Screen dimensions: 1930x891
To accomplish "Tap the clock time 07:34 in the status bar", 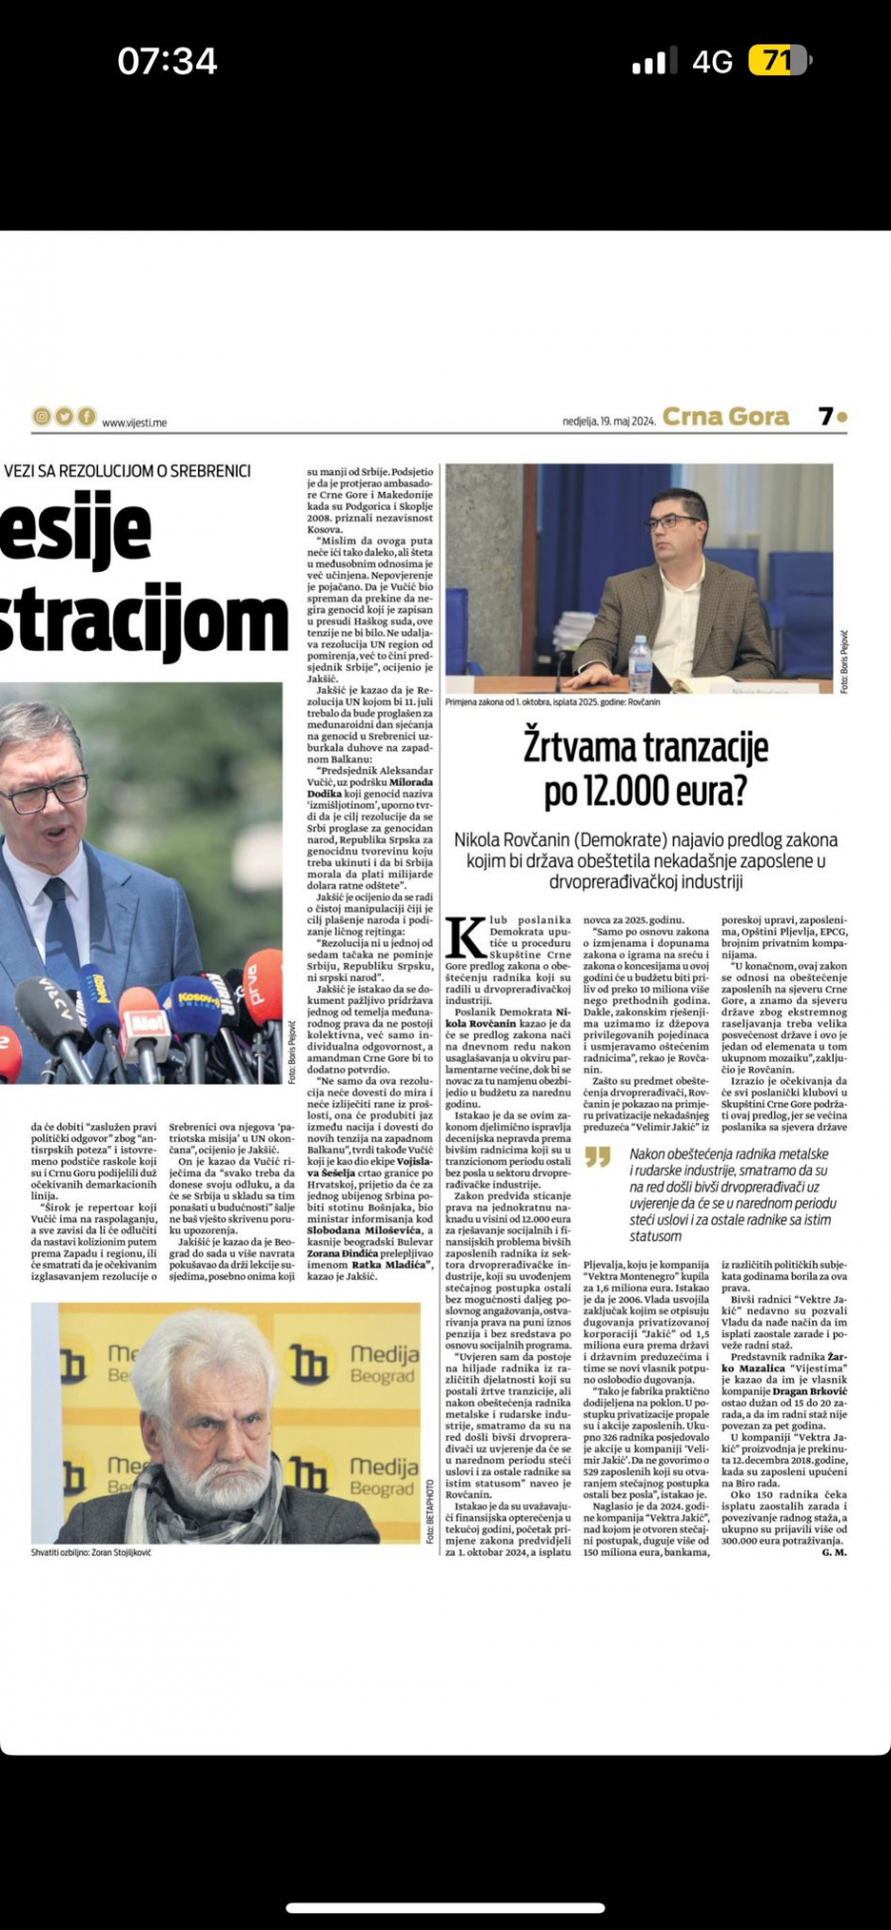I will tap(167, 61).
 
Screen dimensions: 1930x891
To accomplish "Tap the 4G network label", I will tap(712, 62).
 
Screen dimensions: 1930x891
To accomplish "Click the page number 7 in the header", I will tap(827, 417).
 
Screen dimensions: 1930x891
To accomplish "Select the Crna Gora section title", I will tap(725, 417).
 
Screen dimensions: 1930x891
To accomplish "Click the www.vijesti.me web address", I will tap(134, 423).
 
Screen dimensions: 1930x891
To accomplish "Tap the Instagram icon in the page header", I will tap(42, 417).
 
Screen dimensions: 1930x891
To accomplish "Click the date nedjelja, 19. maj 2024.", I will tap(609, 421).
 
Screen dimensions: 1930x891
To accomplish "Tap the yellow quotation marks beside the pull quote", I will tap(597, 1156).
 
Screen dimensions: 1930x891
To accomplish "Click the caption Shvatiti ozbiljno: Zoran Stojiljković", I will tap(91, 1553).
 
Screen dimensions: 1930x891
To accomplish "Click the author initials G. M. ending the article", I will tap(834, 1553).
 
